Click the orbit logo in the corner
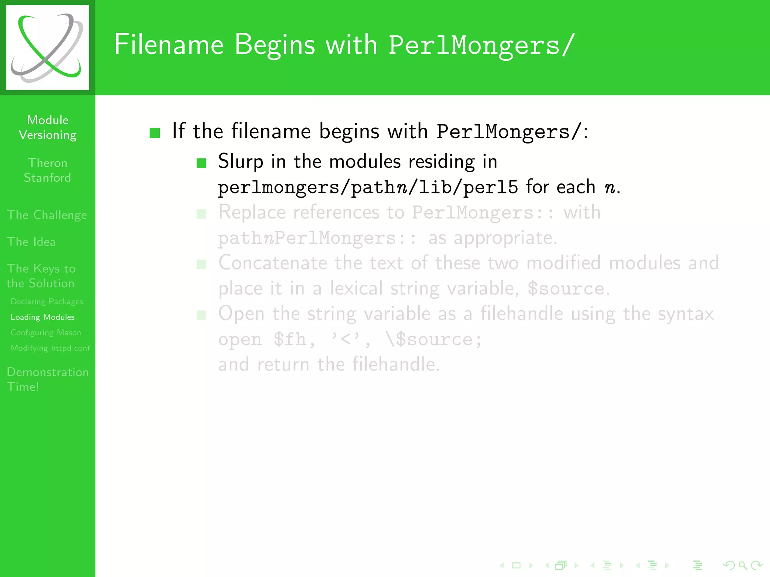click(x=47, y=48)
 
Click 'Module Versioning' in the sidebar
click(x=48, y=127)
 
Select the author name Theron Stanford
click(x=47, y=170)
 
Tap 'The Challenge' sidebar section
click(x=47, y=215)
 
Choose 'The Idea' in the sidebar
click(x=31, y=242)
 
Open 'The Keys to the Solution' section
click(x=41, y=276)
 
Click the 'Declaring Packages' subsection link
click(x=47, y=302)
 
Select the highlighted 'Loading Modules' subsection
click(x=42, y=317)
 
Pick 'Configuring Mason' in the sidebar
click(x=46, y=332)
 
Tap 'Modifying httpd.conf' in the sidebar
click(x=50, y=348)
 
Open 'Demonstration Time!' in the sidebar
click(x=48, y=379)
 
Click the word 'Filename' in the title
click(x=169, y=45)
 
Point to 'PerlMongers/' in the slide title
click(x=481, y=45)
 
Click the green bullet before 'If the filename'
click(x=155, y=133)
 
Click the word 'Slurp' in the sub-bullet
click(x=241, y=162)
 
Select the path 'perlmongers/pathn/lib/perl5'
click(x=368, y=187)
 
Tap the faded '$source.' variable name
click(x=568, y=288)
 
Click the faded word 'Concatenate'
click(x=273, y=263)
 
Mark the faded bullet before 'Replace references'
click(x=202, y=214)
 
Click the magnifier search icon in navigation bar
click(x=742, y=565)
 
